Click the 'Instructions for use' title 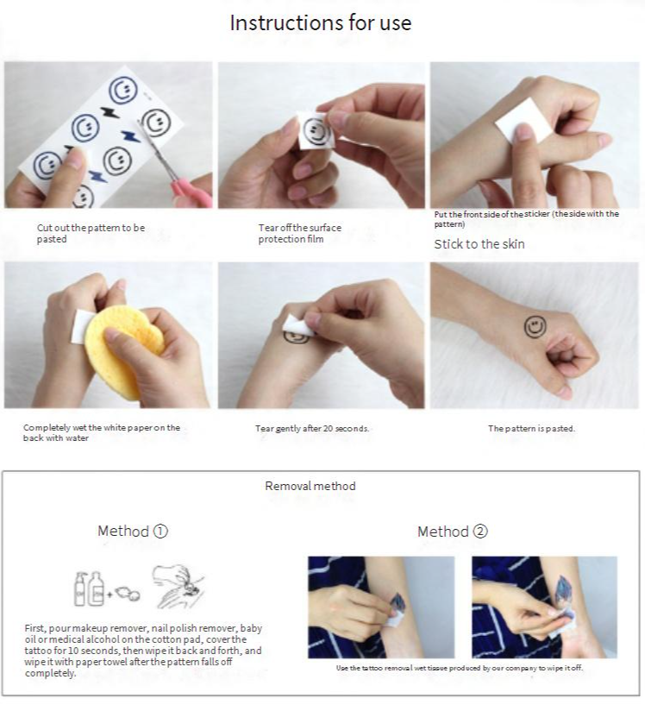(321, 22)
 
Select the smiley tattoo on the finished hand (535, 327)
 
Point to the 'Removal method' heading (310, 486)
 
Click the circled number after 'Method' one (160, 531)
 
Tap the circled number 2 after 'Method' (480, 532)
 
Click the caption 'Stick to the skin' (479, 244)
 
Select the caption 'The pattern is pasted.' (531, 428)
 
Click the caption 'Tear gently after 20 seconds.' (312, 428)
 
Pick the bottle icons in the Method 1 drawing (90, 588)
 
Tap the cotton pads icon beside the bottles (128, 594)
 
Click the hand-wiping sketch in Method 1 (178, 586)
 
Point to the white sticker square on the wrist (523, 120)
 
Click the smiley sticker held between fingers (316, 130)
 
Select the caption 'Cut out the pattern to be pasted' (91, 233)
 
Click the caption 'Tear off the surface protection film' (299, 233)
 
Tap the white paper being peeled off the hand (297, 324)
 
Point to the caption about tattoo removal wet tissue (460, 668)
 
